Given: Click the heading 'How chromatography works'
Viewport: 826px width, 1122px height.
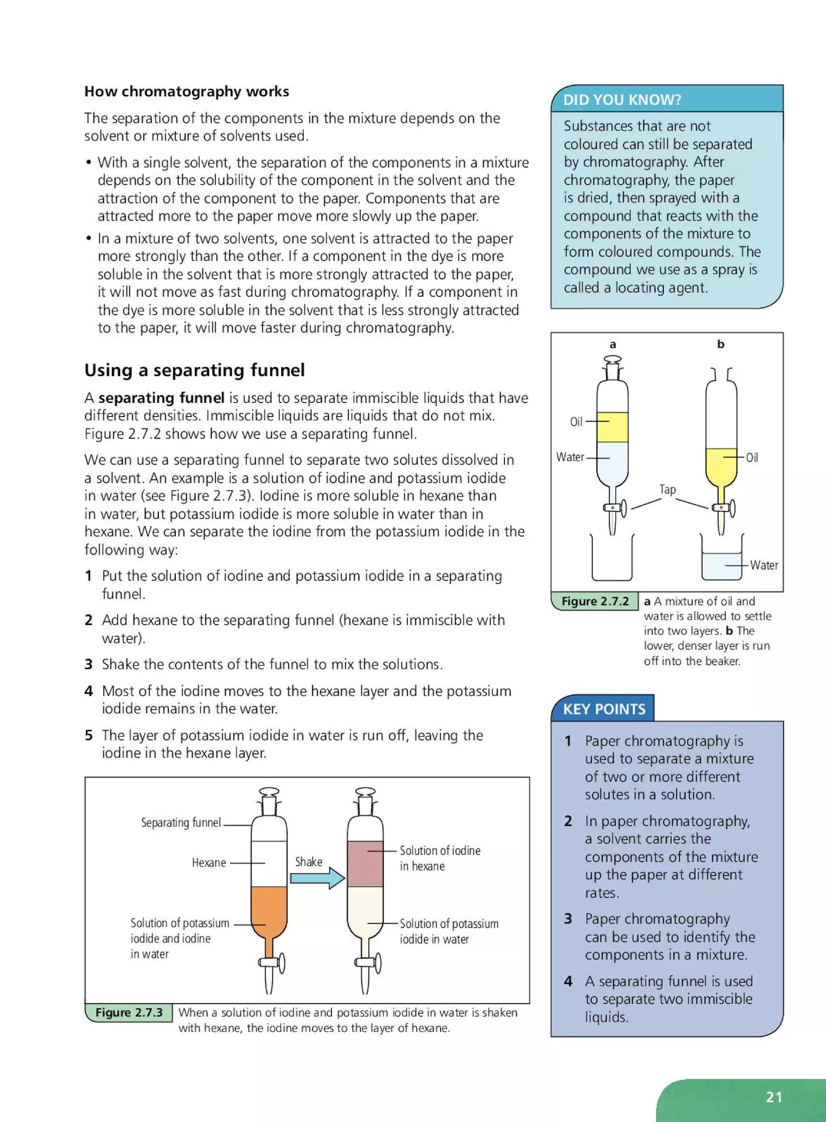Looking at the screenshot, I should (186, 92).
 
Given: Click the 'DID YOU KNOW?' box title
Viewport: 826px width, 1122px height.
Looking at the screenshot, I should (622, 100).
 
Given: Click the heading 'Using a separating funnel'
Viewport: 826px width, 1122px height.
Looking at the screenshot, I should (194, 370).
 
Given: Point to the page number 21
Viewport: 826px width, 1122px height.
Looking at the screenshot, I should (774, 1097).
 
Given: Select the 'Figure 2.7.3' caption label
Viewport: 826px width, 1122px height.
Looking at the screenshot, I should (129, 1012).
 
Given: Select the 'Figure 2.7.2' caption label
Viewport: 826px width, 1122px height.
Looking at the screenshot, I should (594, 601).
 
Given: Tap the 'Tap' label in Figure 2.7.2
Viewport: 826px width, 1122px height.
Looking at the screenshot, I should (667, 489).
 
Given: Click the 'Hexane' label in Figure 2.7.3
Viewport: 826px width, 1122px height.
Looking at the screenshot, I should (209, 863).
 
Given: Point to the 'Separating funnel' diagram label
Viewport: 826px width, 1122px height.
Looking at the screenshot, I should (181, 822).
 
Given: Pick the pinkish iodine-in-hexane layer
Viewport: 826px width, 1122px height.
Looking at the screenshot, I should (365, 863).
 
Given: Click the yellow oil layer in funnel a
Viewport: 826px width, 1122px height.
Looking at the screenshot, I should (613, 427).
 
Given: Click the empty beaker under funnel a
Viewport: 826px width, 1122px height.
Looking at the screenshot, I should (612, 560).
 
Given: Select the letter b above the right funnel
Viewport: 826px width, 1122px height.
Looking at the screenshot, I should (720, 344).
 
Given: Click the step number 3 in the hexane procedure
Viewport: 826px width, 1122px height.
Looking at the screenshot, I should (88, 664).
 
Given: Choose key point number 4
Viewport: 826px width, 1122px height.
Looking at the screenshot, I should (568, 981).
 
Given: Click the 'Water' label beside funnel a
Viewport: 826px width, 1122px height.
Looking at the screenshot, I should (570, 457).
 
